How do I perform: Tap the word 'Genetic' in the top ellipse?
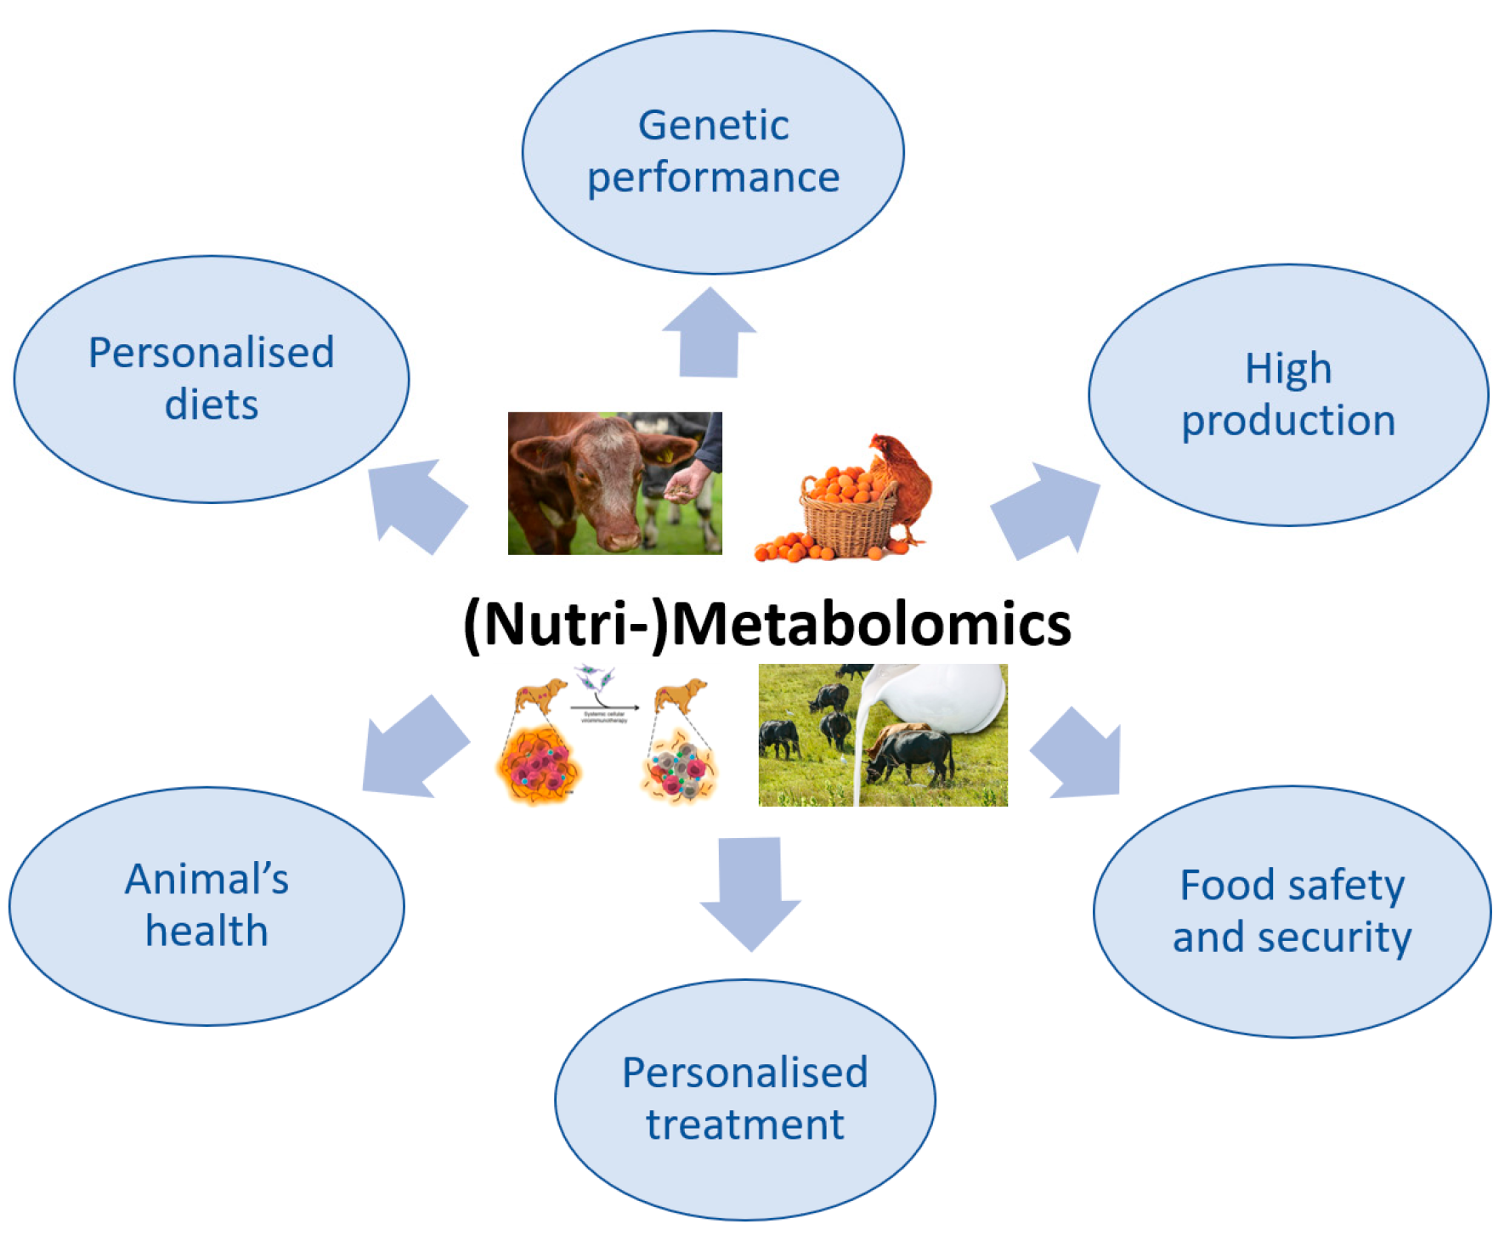[x=713, y=126]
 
